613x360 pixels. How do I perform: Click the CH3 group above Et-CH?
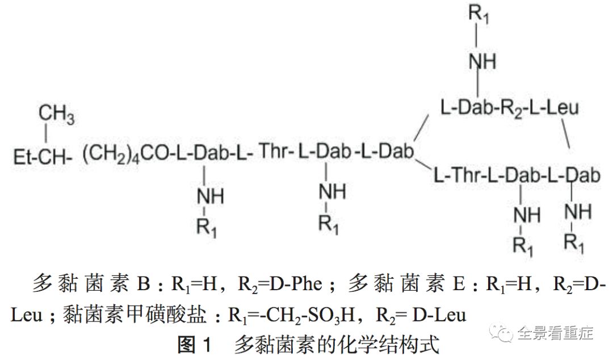[x=56, y=114]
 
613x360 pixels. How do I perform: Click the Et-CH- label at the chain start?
[x=43, y=157]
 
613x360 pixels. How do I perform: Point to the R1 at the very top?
[x=478, y=14]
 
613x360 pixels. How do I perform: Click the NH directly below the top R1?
[x=482, y=61]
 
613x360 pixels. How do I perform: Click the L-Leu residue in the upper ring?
[x=555, y=107]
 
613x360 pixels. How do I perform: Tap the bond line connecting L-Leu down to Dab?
[x=565, y=133]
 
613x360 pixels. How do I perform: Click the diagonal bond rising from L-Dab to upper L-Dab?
[x=421, y=128]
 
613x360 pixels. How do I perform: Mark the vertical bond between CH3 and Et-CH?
[x=46, y=133]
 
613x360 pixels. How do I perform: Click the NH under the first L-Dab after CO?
[x=211, y=196]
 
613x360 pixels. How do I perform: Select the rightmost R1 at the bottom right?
[x=574, y=242]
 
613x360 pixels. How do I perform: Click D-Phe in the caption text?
[x=296, y=284]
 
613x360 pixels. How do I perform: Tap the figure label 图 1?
[x=194, y=345]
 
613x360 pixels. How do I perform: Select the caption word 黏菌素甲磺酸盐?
[x=135, y=314]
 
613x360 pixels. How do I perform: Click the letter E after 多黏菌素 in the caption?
[x=459, y=284]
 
